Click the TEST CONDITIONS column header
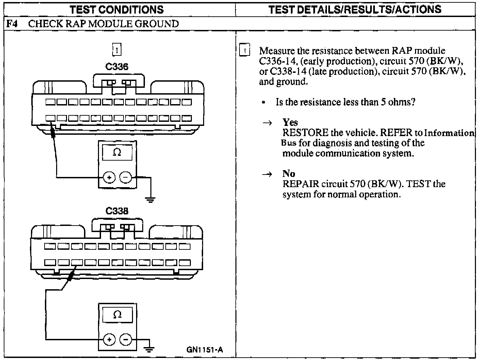117,9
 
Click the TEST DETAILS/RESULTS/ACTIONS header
355,9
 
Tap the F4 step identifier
13,24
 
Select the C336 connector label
117,67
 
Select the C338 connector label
117,211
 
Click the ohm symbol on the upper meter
117,153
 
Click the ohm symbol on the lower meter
117,315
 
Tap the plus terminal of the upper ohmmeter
109,177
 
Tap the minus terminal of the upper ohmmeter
126,177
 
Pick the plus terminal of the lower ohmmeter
109,339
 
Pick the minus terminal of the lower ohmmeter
126,339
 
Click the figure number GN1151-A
205,349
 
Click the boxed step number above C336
117,50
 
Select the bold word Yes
290,122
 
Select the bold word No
288,174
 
